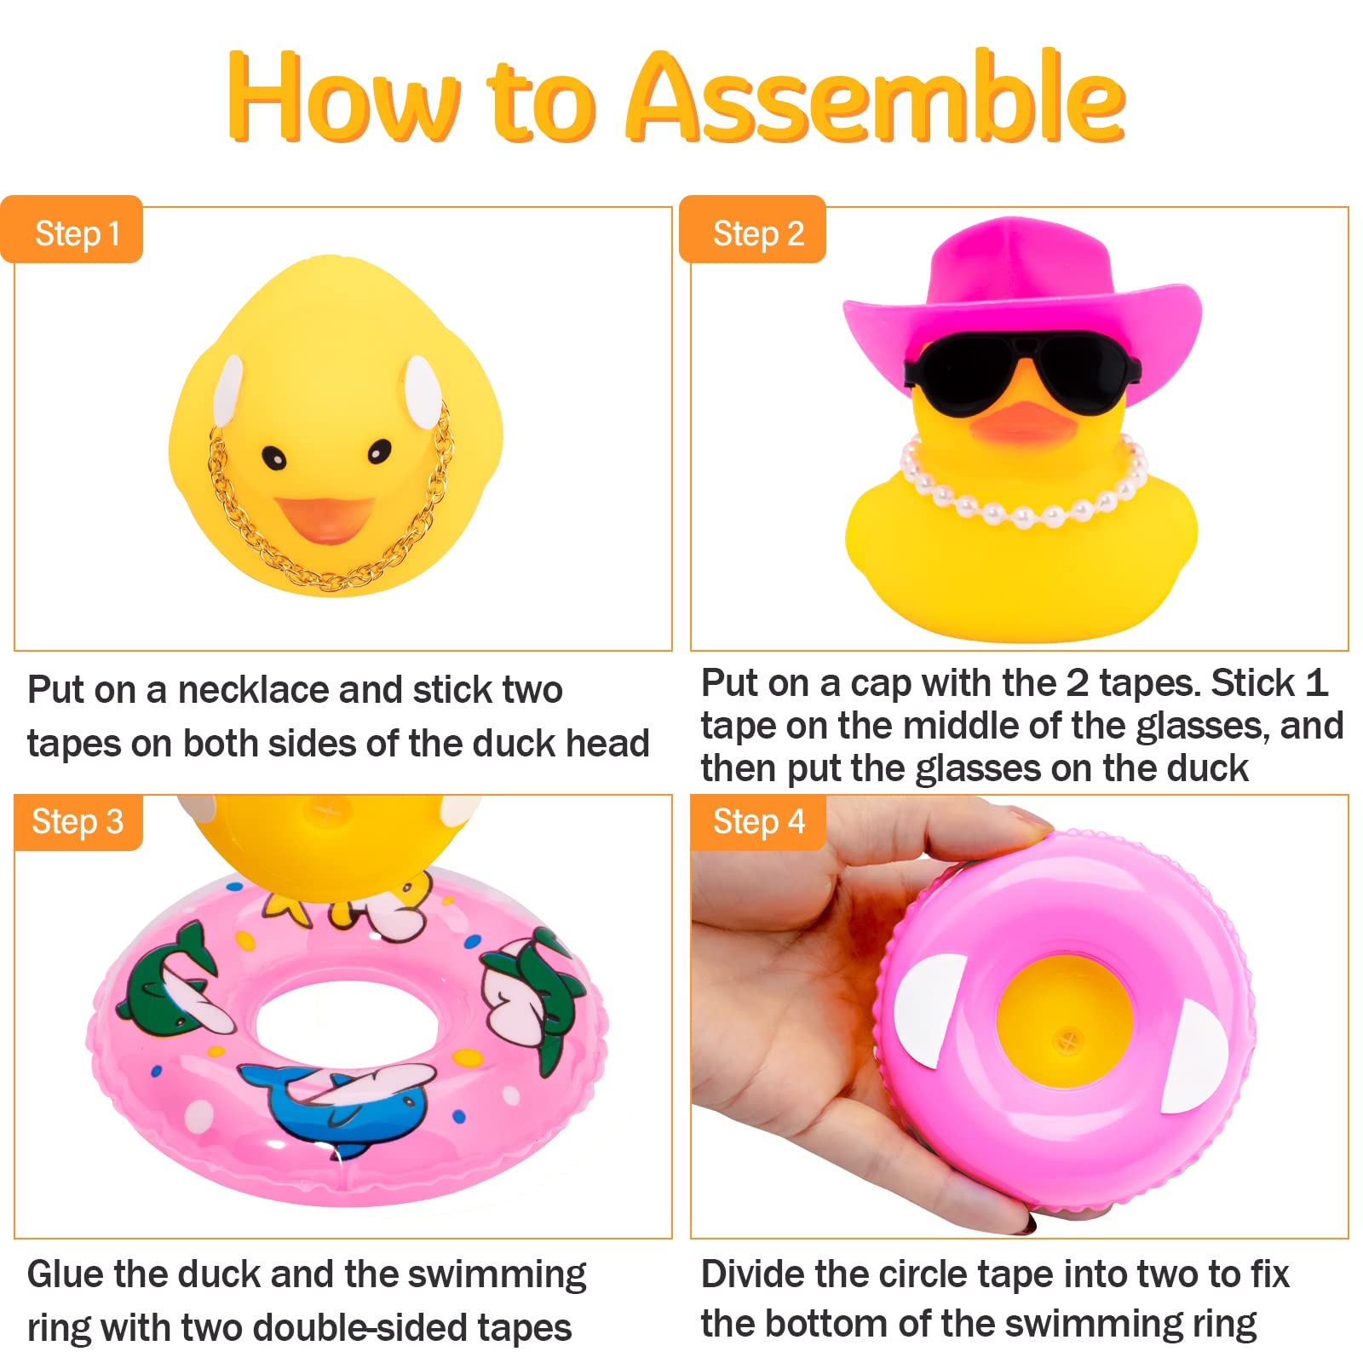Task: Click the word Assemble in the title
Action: [877, 97]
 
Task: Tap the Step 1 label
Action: [77, 233]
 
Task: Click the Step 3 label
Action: [77, 822]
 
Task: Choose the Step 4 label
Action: [758, 822]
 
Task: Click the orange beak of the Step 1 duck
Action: [324, 517]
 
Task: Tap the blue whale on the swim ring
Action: [341, 1103]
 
